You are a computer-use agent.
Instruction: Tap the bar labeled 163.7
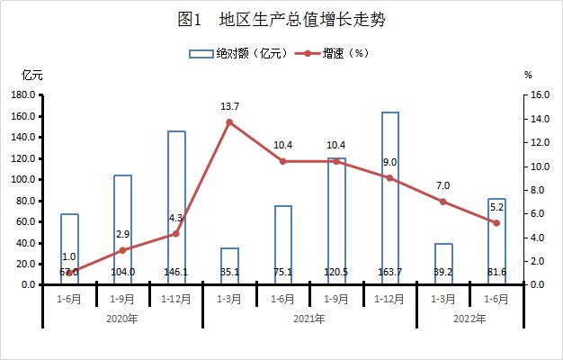[389, 198]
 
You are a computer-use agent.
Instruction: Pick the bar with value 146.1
[176, 208]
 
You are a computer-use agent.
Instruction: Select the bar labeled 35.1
[229, 265]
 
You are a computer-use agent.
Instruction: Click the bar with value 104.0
[123, 229]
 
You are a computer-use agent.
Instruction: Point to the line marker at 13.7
[229, 121]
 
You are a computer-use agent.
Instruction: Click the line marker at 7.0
[442, 202]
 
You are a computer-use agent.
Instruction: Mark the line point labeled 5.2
[496, 222]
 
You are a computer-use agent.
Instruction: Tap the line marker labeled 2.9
[123, 249]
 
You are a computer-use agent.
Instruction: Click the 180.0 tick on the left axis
[23, 94]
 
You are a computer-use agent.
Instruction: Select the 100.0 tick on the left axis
[23, 179]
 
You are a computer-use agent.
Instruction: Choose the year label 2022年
[469, 318]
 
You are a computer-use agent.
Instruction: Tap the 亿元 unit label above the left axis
[31, 76]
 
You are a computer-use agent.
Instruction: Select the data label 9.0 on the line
[389, 162]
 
